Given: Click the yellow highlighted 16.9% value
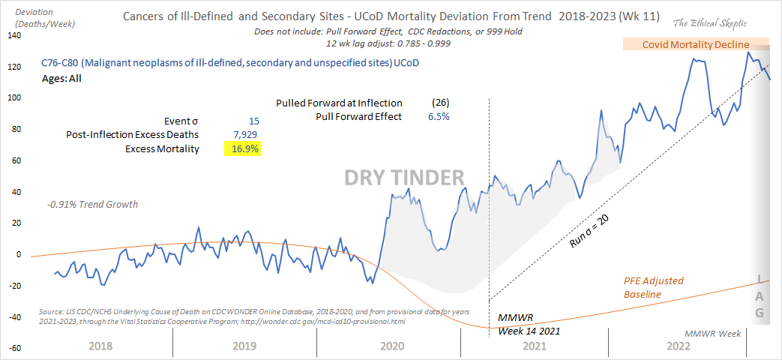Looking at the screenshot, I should pos(243,149).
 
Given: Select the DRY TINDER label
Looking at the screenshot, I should pos(404,177).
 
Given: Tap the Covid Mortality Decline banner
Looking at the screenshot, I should pos(696,44).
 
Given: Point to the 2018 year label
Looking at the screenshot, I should pos(100,346).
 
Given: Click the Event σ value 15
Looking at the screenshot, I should pos(255,121).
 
